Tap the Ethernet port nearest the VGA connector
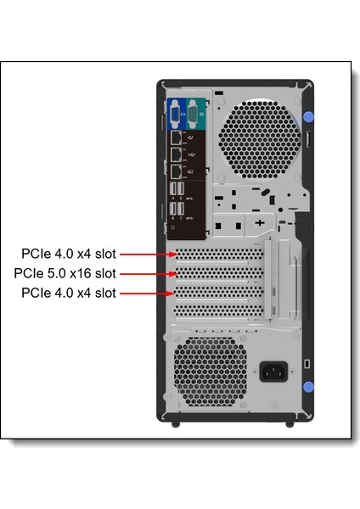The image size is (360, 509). pyautogui.click(x=174, y=137)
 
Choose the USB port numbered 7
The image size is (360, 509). pyautogui.click(x=181, y=210)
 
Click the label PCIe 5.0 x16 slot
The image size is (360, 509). pyautogui.click(x=65, y=273)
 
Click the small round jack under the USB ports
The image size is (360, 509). pyautogui.click(x=172, y=227)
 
